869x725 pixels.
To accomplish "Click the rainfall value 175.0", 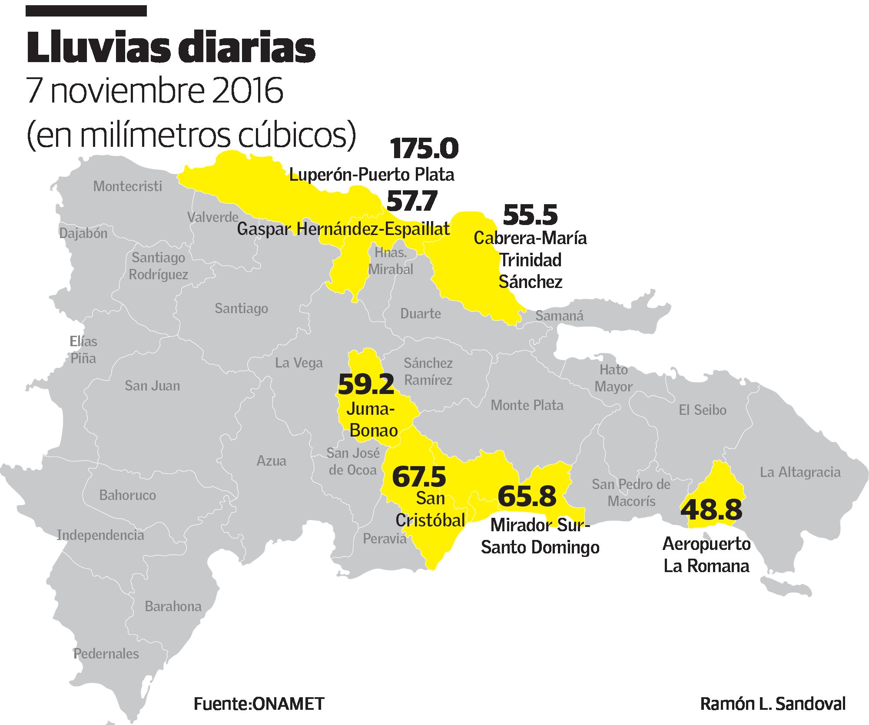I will tap(424, 149).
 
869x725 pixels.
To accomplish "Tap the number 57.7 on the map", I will tap(411, 201).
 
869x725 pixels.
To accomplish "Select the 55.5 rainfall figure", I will tap(530, 215).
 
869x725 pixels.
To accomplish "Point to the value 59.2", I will tap(366, 384).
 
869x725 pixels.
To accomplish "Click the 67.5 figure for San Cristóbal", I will tap(419, 476).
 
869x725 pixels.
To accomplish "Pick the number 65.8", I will tap(527, 496).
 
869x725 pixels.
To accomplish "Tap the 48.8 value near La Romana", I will tap(711, 510).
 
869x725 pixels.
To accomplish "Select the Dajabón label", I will tap(83, 233).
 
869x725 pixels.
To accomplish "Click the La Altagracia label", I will tap(800, 472).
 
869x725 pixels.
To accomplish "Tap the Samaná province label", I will tap(559, 316).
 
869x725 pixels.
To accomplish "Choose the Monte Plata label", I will tap(527, 405).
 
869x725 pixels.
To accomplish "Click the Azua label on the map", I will tap(271, 460).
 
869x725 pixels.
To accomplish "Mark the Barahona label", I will tap(173, 606).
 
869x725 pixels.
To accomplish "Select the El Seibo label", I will tap(702, 410).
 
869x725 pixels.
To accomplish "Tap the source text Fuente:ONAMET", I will tap(259, 704).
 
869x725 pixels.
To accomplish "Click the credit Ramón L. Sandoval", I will tap(773, 704).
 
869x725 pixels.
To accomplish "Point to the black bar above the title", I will tap(86, 10).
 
